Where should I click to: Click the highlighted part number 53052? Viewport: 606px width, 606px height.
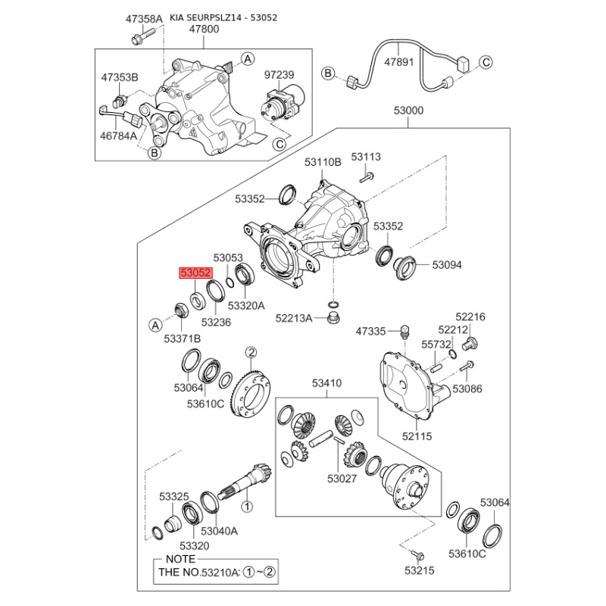click(x=196, y=273)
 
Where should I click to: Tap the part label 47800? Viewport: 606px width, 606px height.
click(x=204, y=30)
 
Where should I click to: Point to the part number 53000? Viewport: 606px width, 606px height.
click(x=408, y=111)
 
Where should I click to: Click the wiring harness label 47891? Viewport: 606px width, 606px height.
click(x=399, y=62)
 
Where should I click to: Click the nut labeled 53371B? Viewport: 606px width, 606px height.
click(x=181, y=309)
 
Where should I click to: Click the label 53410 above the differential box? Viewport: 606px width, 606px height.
click(x=327, y=383)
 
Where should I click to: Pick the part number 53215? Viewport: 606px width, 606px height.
click(x=420, y=570)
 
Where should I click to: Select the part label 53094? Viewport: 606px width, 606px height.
click(x=447, y=265)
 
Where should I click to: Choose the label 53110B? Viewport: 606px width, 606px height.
click(x=323, y=162)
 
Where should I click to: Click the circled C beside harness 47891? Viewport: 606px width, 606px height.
click(x=486, y=62)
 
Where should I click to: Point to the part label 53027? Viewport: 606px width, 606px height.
click(x=342, y=479)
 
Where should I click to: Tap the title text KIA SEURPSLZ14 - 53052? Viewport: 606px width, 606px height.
click(x=223, y=17)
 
